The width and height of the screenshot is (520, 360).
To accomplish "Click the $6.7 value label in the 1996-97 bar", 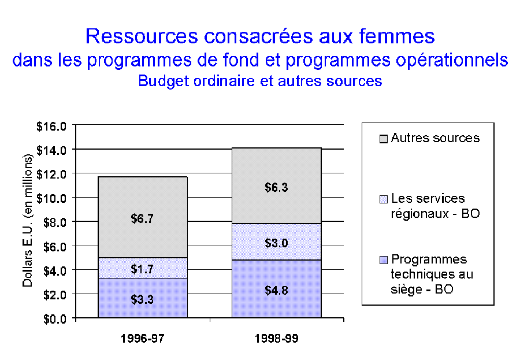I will tap(143, 219).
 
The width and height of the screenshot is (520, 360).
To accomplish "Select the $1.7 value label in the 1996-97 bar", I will tap(143, 268).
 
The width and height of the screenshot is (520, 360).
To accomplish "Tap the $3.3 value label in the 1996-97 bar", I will tap(143, 299).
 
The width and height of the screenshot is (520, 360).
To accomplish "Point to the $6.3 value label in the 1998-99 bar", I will tap(276, 187).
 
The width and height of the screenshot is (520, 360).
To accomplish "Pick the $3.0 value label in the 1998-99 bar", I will tap(276, 242).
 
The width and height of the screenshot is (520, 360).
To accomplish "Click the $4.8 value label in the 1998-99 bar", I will tap(276, 291).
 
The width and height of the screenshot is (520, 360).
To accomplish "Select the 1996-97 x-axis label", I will tap(143, 339).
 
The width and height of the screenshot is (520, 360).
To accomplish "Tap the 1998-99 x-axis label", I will tap(276, 339).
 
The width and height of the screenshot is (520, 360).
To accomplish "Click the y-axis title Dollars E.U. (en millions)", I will tap(28, 222).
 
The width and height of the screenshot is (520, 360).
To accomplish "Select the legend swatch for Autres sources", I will tap(384, 139).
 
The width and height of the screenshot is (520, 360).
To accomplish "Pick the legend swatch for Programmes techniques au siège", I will tap(384, 259).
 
